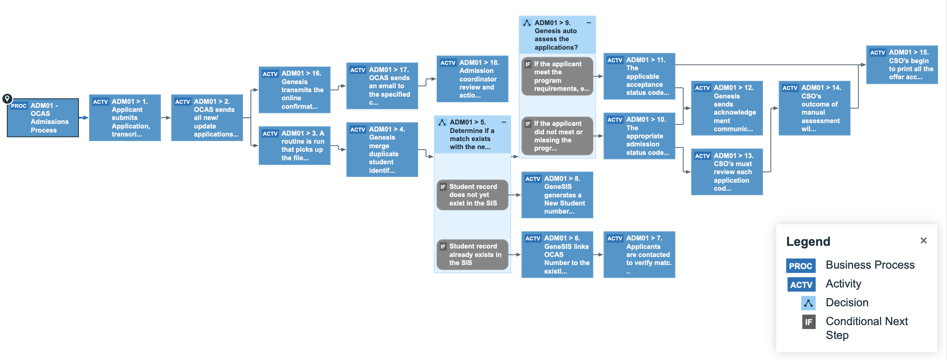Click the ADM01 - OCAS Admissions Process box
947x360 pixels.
[x=43, y=118]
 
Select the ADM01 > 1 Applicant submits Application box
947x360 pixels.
[x=125, y=118]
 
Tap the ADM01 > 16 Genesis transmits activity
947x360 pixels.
[x=295, y=90]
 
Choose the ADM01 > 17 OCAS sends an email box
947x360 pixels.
[x=382, y=86]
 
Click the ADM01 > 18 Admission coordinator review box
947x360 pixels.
[x=473, y=79]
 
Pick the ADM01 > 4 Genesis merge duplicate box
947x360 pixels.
[x=382, y=150]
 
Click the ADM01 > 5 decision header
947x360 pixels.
[x=473, y=134]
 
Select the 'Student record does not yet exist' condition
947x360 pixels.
[x=473, y=195]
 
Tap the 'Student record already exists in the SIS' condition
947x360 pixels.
[x=473, y=254]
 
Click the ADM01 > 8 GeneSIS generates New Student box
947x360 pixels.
[x=557, y=195]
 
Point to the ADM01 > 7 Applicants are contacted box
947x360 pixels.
[x=639, y=254]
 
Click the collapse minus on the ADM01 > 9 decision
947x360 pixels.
[x=589, y=22]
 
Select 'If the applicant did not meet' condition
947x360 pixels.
[x=557, y=136]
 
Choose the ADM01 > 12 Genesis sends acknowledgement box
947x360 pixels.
[x=727, y=108]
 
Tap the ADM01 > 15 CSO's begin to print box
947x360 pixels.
[x=902, y=64]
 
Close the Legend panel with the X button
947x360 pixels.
[x=924, y=240]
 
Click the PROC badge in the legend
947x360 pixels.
[x=801, y=266]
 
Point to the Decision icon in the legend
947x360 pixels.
[x=809, y=303]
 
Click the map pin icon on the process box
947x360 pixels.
[x=7, y=99]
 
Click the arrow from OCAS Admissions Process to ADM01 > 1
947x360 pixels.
[x=84, y=118]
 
